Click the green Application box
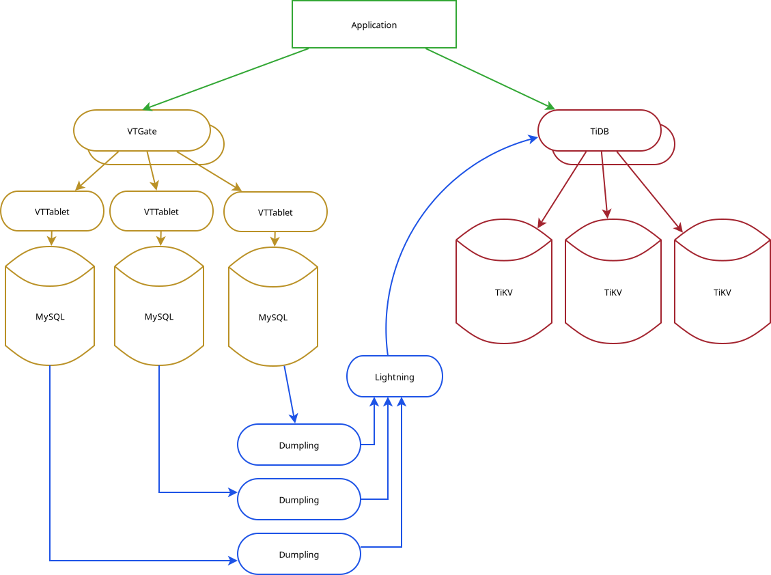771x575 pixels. pyautogui.click(x=374, y=25)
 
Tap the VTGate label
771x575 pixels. pyautogui.click(x=141, y=131)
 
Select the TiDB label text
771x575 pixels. pyautogui.click(x=599, y=131)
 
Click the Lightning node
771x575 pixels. pyautogui.click(x=394, y=376)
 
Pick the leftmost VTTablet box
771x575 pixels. pyautogui.click(x=52, y=212)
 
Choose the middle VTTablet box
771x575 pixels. pyautogui.click(x=161, y=212)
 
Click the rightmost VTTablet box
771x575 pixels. pyautogui.click(x=275, y=212)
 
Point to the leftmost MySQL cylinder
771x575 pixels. pyautogui.click(x=50, y=316)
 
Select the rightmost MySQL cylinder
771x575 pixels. pyautogui.click(x=273, y=317)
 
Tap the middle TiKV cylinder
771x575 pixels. pyautogui.click(x=613, y=292)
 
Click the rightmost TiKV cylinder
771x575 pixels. pyautogui.click(x=722, y=292)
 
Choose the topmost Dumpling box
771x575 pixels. pyautogui.click(x=298, y=445)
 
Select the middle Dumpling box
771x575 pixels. pyautogui.click(x=298, y=500)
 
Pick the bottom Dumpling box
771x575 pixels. pyautogui.click(x=298, y=555)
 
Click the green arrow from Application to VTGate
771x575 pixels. pyautogui.click(x=225, y=79)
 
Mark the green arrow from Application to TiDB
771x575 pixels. pyautogui.click(x=489, y=79)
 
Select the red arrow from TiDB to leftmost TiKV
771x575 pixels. pyautogui.click(x=562, y=190)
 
